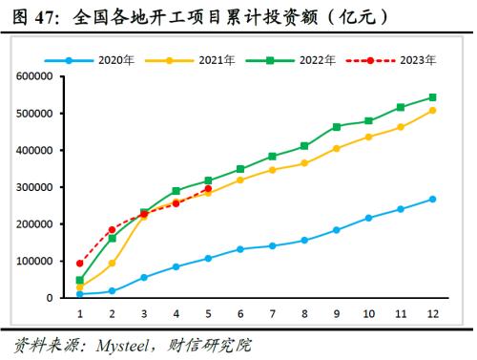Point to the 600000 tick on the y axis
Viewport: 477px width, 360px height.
point(36,76)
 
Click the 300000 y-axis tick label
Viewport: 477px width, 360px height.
point(36,187)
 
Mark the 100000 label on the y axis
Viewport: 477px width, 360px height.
point(36,261)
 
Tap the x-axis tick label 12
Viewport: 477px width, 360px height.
point(432,312)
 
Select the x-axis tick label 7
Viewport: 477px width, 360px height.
point(272,312)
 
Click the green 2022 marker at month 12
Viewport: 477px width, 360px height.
point(432,97)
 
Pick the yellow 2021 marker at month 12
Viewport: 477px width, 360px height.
point(432,111)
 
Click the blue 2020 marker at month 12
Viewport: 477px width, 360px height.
point(432,200)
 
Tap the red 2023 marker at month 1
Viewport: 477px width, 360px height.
point(79,263)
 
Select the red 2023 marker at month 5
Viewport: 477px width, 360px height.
point(208,189)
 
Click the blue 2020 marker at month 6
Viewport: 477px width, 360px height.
point(239,249)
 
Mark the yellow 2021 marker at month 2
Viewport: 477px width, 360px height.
point(112,263)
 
